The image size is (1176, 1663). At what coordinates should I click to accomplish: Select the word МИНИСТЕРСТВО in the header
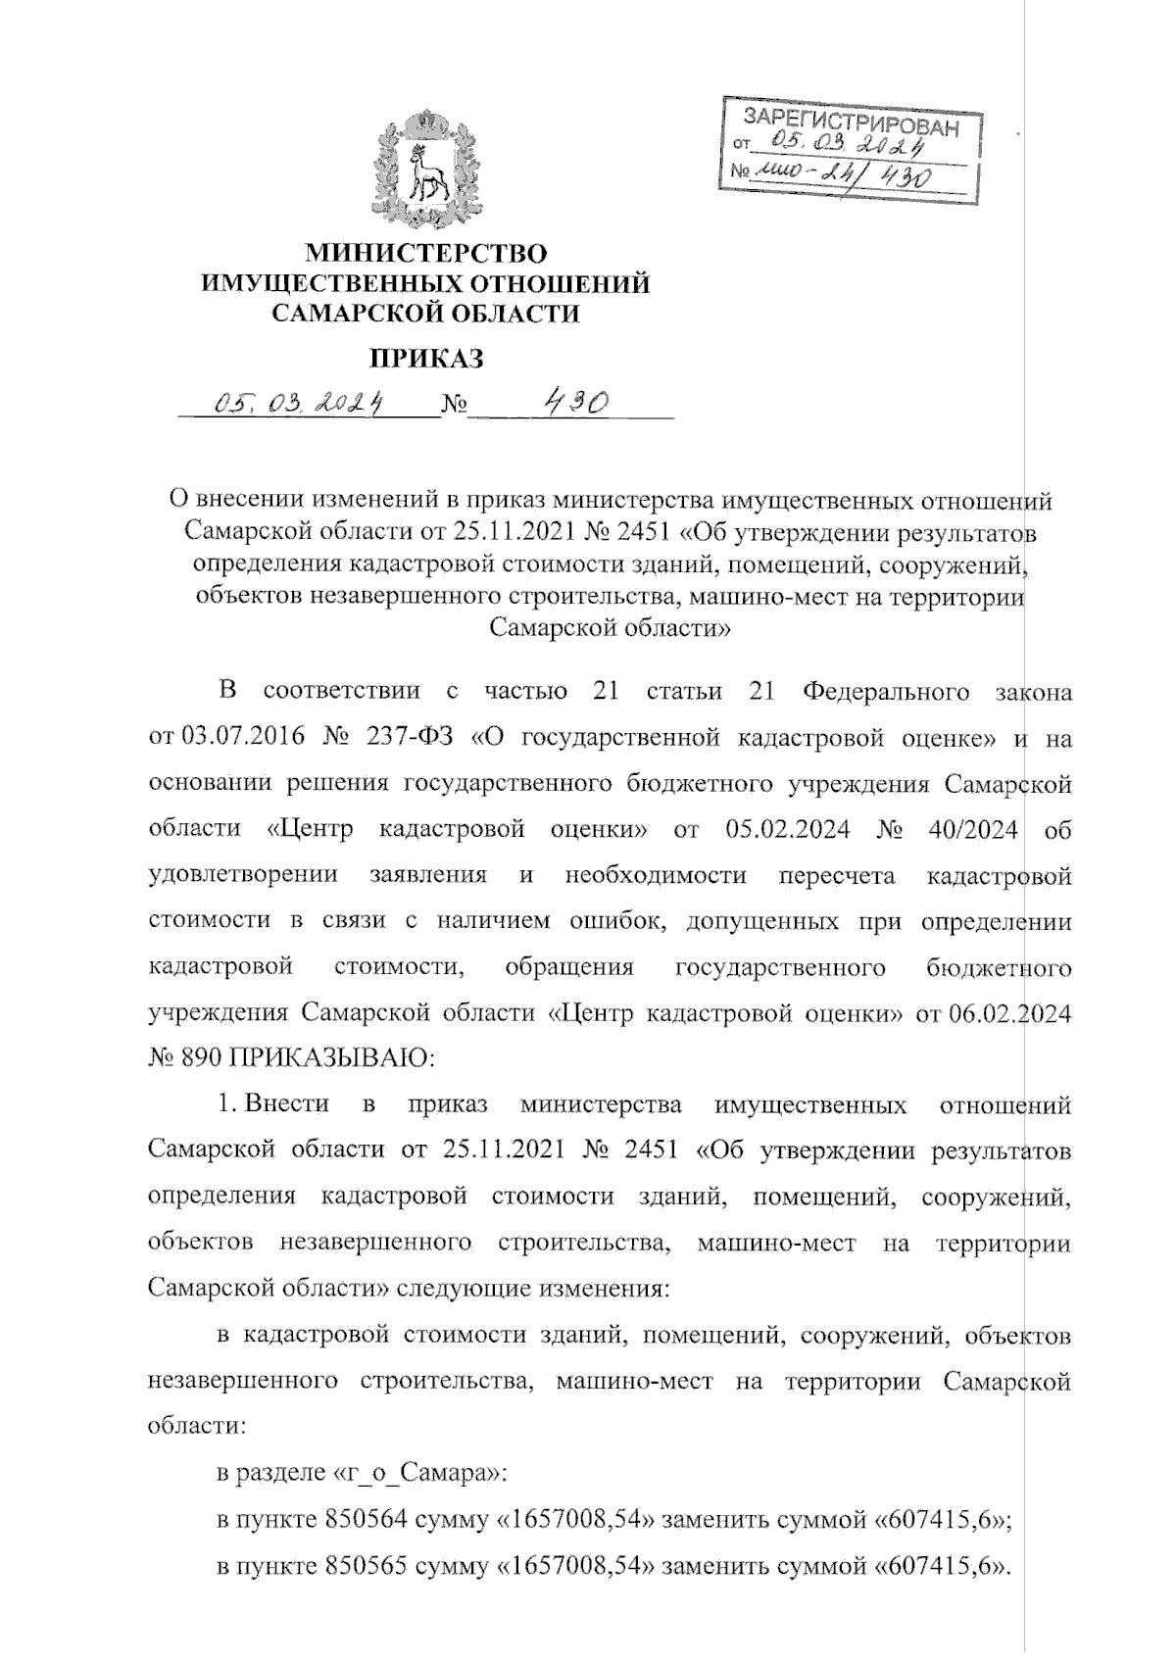[x=425, y=255]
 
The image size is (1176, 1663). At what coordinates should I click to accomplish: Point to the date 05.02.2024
[x=793, y=828]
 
